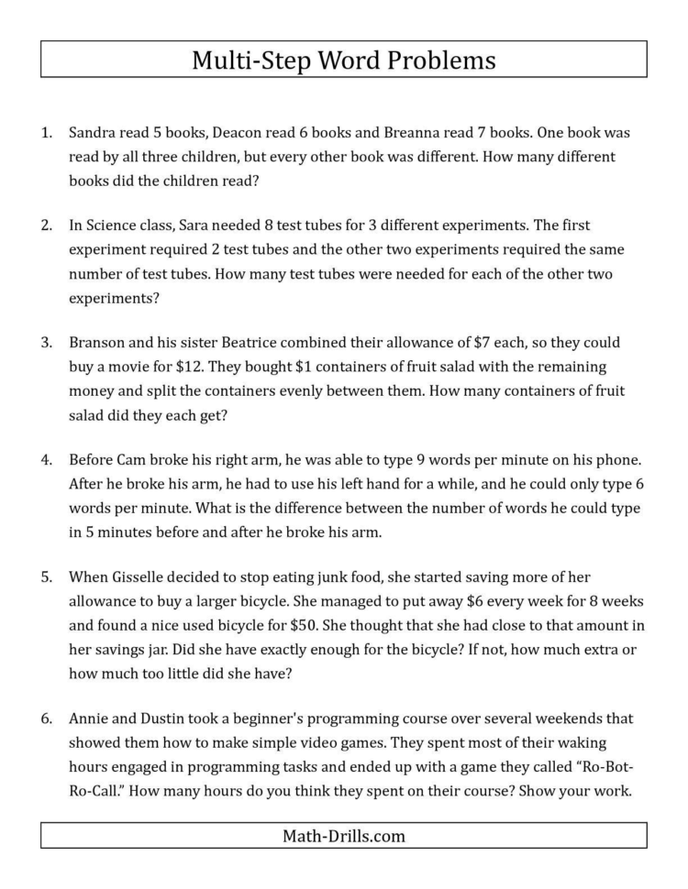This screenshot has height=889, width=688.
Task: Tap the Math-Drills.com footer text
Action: tap(343, 835)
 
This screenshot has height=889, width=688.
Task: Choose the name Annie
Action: tap(90, 719)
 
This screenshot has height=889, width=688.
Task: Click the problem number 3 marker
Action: tap(46, 343)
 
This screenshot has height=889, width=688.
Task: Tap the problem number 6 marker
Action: tap(46, 719)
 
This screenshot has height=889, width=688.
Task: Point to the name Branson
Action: tap(98, 343)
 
